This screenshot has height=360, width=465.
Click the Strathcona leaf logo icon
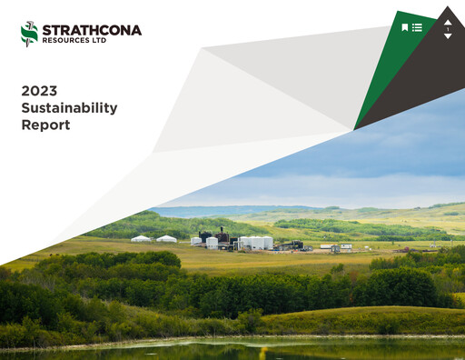pos(29,34)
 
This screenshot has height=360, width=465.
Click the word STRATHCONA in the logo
pos(92,30)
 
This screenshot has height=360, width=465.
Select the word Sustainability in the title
pos(69,107)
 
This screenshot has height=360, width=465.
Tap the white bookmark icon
pos(405,27)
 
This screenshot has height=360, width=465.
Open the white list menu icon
pos(417,27)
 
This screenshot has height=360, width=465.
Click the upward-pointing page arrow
pos(447,21)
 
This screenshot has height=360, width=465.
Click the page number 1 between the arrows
pos(447,29)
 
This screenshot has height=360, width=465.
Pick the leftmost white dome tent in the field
pos(141,239)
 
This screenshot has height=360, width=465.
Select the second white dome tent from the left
pos(166,239)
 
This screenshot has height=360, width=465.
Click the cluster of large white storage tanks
pos(255,243)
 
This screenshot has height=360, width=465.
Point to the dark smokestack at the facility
pos(221,235)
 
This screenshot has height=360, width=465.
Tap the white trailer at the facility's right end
pos(345,245)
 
